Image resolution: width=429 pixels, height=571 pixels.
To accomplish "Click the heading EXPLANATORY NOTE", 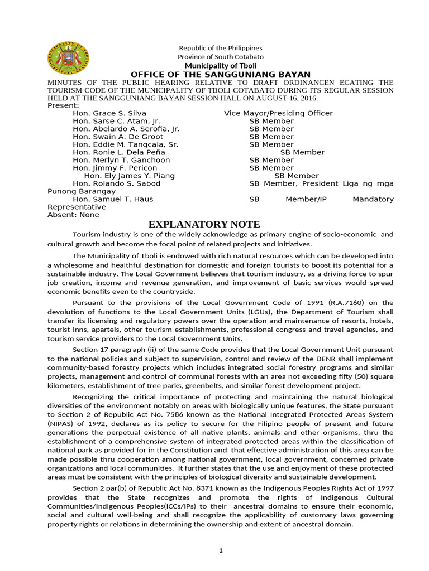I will (x=204, y=224).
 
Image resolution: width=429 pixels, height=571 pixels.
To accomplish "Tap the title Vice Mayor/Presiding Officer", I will (x=278, y=113).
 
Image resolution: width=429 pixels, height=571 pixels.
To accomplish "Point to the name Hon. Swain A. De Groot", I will (x=118, y=137).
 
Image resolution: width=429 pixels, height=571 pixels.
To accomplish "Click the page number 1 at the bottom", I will (x=221, y=550).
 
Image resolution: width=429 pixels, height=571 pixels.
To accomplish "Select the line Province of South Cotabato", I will (x=221, y=57).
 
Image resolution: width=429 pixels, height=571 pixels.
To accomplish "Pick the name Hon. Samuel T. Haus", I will (x=113, y=199).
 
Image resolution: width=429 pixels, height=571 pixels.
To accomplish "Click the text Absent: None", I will (x=73, y=215).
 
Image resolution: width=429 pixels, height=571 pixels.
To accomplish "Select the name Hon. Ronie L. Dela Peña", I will (x=121, y=152).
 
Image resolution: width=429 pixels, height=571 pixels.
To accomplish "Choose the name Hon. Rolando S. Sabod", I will (x=117, y=183).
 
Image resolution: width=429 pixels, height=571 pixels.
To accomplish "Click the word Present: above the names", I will (x=63, y=105).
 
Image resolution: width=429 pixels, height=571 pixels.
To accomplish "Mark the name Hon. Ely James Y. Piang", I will (x=129, y=176).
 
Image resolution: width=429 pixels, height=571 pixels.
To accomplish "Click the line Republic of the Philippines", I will (x=221, y=48).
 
